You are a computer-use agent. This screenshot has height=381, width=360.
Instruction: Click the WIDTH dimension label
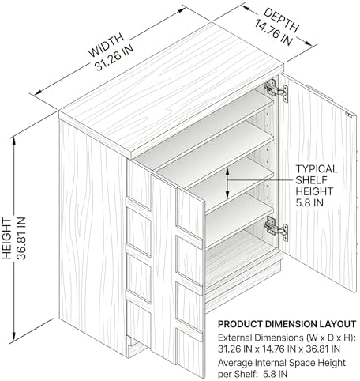pyautogui.click(x=106, y=44)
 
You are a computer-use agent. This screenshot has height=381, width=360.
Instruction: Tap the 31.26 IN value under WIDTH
pyautogui.click(x=114, y=58)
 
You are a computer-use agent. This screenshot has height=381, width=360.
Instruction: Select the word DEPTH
pyautogui.click(x=282, y=20)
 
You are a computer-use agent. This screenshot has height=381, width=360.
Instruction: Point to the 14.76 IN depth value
pyautogui.click(x=274, y=32)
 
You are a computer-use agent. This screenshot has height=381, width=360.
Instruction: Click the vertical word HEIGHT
pyautogui.click(x=7, y=239)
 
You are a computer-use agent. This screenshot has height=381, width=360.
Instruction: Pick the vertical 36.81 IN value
pyautogui.click(x=21, y=238)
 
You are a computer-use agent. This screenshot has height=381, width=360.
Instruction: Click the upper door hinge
pyautogui.click(x=276, y=90)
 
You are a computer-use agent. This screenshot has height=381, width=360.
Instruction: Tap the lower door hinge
pyautogui.click(x=276, y=228)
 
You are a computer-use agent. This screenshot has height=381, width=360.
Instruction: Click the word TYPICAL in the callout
pyautogui.click(x=317, y=169)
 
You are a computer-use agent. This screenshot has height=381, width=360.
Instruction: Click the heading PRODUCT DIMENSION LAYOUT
pyautogui.click(x=287, y=324)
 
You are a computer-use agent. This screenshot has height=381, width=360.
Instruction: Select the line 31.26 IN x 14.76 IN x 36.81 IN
pyautogui.click(x=279, y=349)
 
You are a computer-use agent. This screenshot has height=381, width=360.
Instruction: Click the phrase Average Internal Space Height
pyautogui.click(x=282, y=363)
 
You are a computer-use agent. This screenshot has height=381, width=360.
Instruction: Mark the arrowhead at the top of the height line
pyautogui.click(x=13, y=141)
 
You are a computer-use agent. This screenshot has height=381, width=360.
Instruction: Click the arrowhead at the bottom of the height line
pyautogui.click(x=13, y=337)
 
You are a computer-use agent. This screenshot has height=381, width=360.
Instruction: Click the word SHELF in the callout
pyautogui.click(x=311, y=180)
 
